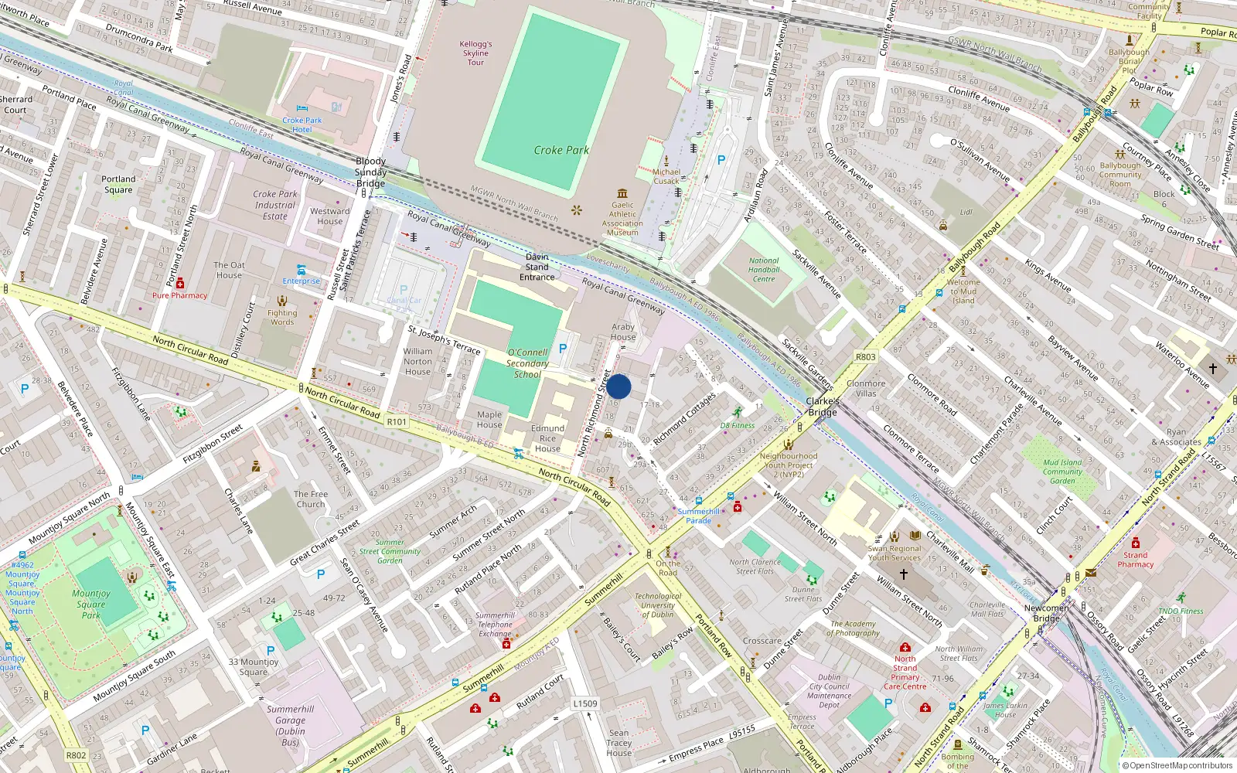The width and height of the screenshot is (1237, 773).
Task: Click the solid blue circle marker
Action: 618,386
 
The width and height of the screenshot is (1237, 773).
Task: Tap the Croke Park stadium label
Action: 561,150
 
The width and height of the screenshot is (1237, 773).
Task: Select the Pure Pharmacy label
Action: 179,295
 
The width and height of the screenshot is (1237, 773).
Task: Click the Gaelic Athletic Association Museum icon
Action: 622,193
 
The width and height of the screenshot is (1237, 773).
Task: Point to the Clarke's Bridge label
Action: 823,407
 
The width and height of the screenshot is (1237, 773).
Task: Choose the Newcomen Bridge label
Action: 1047,613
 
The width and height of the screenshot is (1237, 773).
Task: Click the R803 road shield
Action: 866,357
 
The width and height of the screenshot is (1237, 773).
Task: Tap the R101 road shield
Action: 397,421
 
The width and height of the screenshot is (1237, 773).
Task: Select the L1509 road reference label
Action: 585,703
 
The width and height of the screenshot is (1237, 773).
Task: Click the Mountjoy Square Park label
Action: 92,604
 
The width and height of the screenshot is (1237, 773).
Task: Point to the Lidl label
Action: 966,211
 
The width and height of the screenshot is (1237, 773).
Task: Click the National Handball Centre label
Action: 764,270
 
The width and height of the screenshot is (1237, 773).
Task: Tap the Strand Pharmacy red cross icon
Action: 1136,543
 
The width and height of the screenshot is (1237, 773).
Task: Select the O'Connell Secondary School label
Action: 527,363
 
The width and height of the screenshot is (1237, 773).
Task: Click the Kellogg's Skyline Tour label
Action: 475,53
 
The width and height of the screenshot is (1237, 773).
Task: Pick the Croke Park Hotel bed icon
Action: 302,108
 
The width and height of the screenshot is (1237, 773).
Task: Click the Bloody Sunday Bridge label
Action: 370,172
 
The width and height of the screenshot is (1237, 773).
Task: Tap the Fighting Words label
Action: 282,317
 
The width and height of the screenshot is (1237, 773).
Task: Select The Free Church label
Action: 311,499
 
